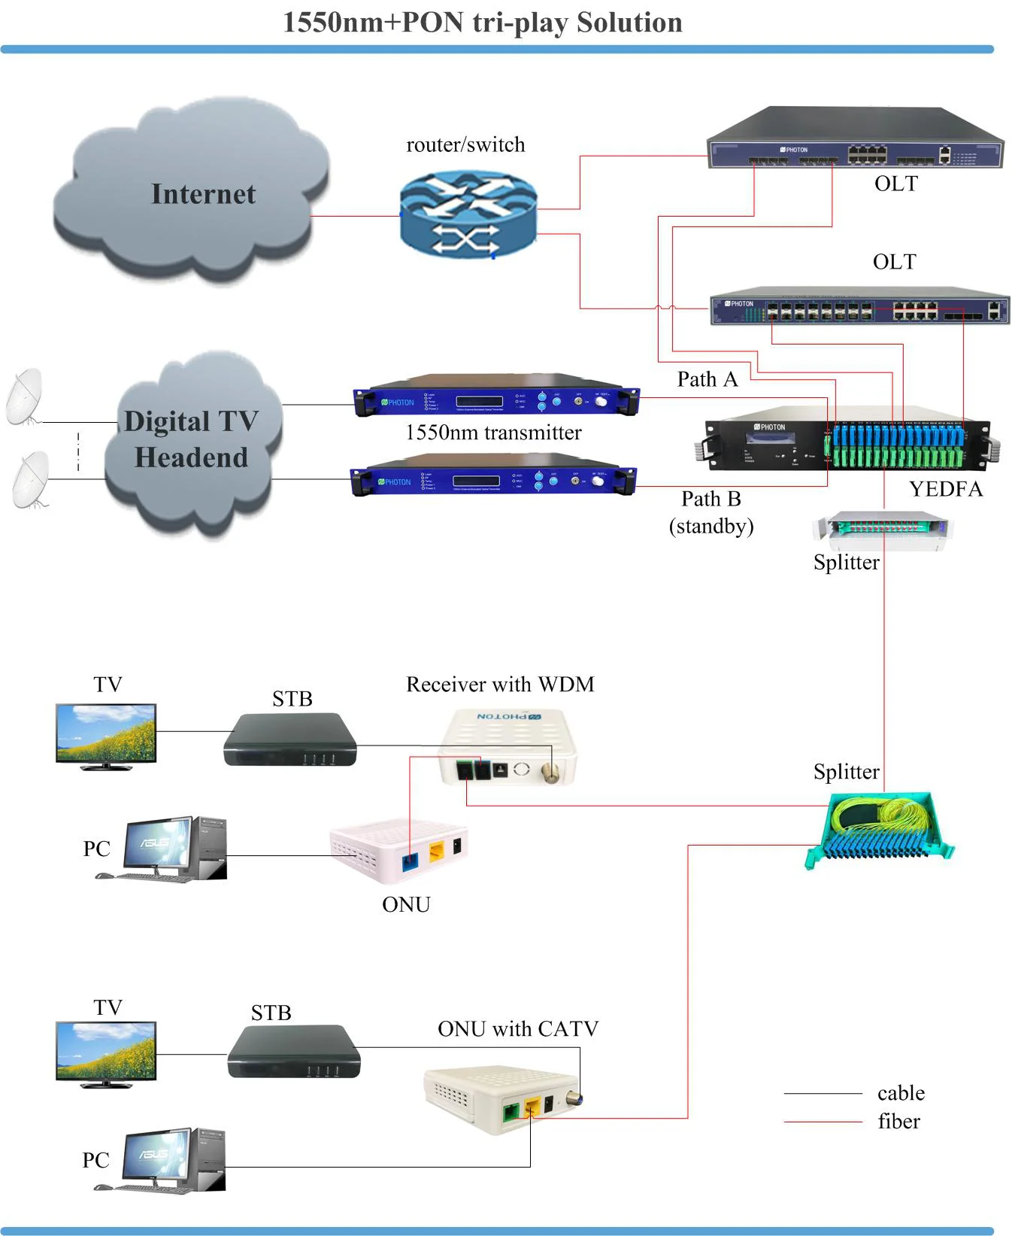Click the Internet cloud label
203,194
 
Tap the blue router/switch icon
468,214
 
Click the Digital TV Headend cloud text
191,439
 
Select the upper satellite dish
25,396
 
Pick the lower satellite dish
30,479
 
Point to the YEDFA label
945,490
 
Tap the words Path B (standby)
711,512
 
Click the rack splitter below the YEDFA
881,524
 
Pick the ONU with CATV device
499,1098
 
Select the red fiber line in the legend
823,1122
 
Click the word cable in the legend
901,1093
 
